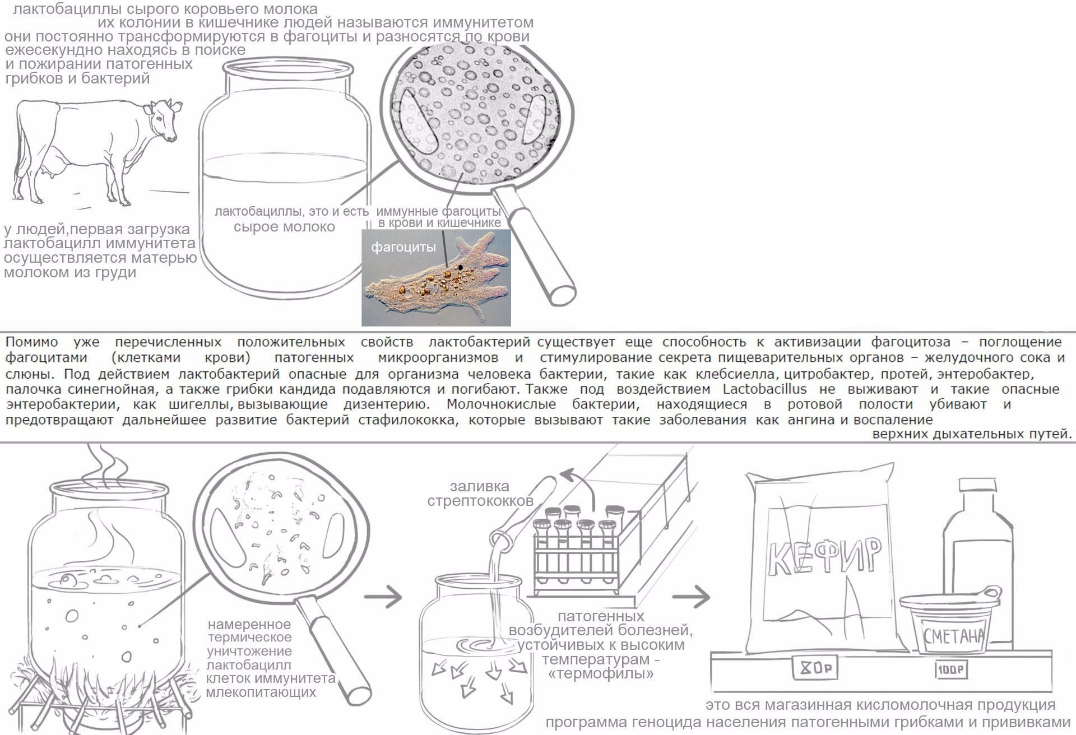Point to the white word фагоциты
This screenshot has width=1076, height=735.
tap(403, 247)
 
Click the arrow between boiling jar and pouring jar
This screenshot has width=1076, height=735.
tap(383, 596)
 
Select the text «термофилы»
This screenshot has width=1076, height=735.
tap(601, 673)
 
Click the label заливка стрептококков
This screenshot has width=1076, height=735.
tap(480, 494)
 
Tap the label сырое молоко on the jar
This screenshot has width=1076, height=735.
tap(284, 227)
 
